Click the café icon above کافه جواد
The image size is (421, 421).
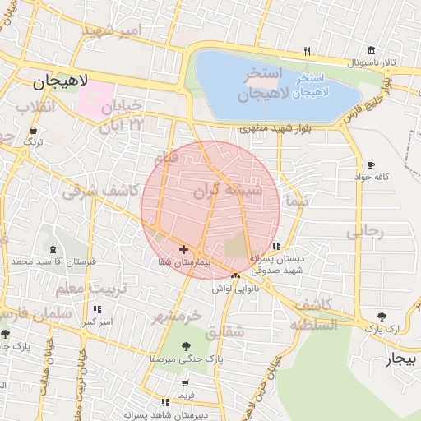[372, 164]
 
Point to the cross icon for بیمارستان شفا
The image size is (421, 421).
[183, 249]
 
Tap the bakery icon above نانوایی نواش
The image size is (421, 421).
[236, 275]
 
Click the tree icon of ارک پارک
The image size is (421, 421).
[382, 317]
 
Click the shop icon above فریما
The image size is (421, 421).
[185, 382]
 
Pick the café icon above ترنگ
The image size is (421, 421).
[33, 131]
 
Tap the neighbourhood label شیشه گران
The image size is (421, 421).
[228, 192]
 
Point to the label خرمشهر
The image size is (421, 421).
[178, 317]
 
